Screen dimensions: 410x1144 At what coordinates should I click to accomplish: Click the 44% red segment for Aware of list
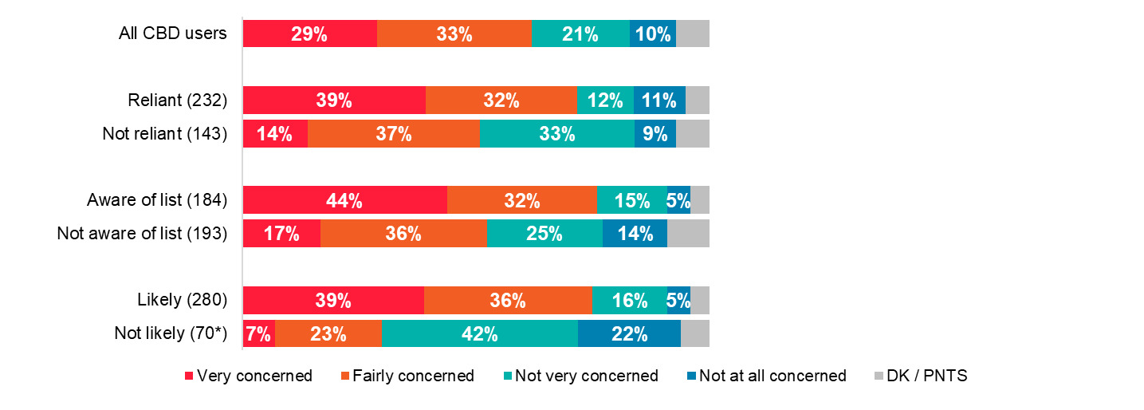coord(344,200)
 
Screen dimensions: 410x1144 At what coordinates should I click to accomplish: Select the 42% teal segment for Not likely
coord(480,333)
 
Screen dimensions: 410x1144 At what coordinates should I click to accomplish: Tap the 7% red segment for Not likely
coord(259,333)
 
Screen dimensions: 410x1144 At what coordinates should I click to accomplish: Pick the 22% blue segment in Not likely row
coord(629,333)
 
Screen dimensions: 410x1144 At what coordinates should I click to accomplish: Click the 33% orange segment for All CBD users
coord(454,34)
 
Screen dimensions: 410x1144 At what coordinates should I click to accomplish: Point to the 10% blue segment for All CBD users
coord(653,34)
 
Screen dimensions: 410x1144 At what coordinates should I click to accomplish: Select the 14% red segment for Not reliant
coord(275,134)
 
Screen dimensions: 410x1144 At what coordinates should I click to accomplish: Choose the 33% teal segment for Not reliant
coord(556,134)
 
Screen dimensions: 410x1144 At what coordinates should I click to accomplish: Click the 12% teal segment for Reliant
coord(605,101)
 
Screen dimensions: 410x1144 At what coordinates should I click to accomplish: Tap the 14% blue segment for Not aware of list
coord(635,234)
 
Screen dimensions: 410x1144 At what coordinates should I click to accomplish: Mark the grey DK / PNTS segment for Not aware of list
coord(688,234)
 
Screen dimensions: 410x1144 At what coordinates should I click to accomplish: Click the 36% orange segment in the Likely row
coord(508,301)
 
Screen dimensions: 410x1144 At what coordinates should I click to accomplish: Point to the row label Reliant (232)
coord(178,101)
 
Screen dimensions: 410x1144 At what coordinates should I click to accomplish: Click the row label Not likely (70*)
coord(171,333)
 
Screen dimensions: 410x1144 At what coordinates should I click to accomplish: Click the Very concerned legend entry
coord(248,376)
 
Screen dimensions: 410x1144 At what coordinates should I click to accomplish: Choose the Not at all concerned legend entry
coord(765,376)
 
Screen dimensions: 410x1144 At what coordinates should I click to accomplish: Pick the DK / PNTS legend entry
coord(918,376)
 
